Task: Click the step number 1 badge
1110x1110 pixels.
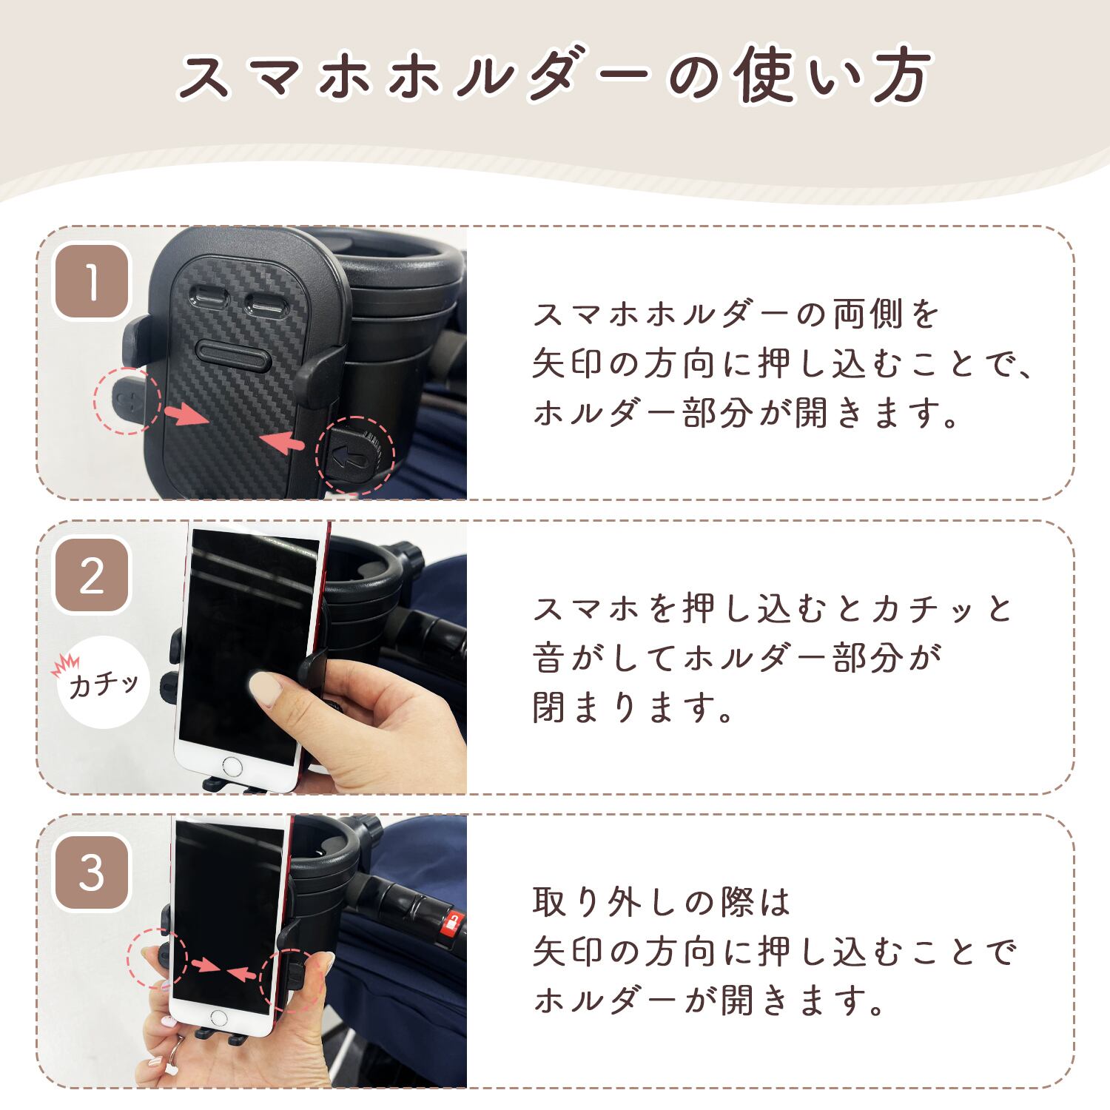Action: pos(92,282)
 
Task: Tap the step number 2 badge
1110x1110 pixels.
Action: pos(92,576)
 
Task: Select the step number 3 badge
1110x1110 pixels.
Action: pos(92,872)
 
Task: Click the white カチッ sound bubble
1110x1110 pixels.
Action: pos(104,682)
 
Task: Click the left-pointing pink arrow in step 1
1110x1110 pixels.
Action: pos(281,442)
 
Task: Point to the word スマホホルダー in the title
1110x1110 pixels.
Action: pos(415,76)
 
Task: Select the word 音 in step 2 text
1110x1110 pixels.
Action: pos(549,658)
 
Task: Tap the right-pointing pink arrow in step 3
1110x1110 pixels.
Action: pos(205,965)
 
